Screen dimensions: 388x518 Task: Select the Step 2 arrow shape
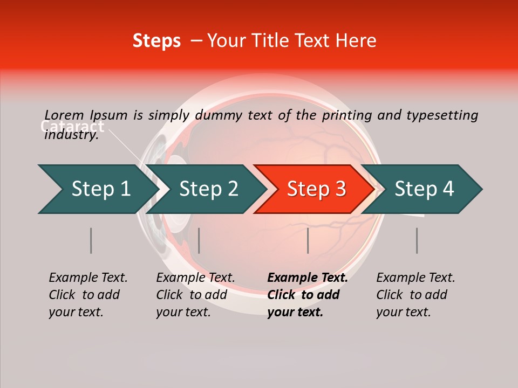pos(208,189)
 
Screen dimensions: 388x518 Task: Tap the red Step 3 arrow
pos(316,189)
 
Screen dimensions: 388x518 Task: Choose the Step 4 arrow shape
pos(424,189)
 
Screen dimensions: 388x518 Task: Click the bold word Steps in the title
pos(156,40)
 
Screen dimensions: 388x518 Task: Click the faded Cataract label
pos(72,127)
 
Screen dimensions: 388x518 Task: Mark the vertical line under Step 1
pos(91,240)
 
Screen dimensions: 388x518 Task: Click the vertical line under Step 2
pos(199,240)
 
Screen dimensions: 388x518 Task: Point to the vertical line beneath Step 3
pos(308,240)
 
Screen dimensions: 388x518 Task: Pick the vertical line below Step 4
pos(417,240)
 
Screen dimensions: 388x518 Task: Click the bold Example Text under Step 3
pos(308,278)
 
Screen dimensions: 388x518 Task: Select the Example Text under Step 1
pos(88,278)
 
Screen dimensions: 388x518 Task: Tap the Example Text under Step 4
pos(415,278)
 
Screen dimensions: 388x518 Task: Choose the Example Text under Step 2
pos(195,278)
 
